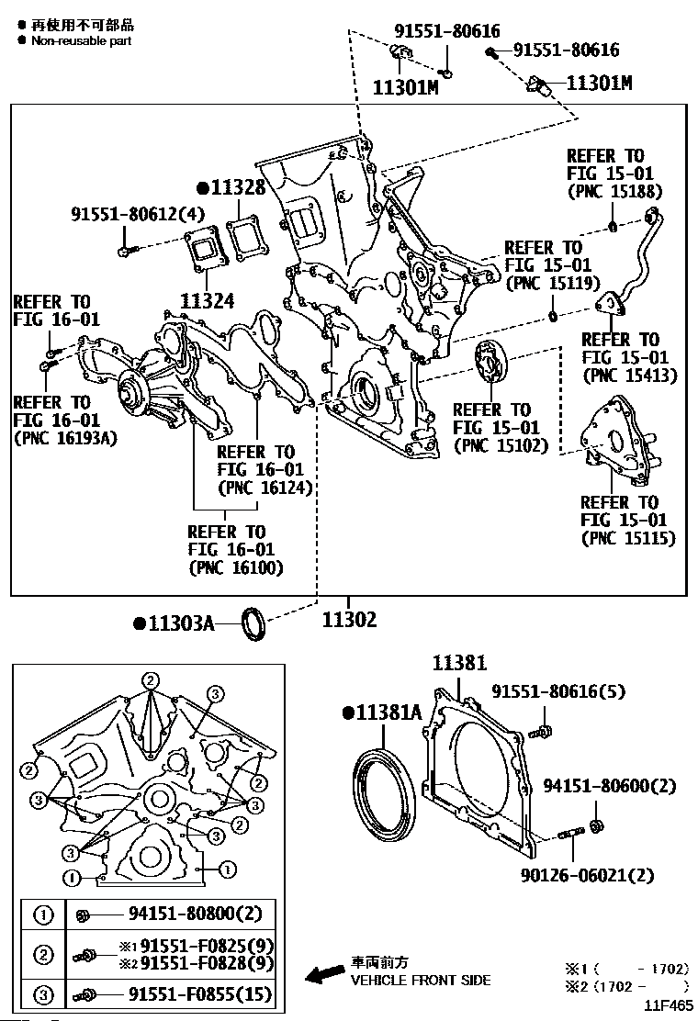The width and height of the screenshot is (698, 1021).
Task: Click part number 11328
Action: coord(237,188)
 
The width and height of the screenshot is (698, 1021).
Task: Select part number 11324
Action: coord(208,299)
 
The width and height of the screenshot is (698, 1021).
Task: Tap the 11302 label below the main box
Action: coord(349,620)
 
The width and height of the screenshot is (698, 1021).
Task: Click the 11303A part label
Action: coord(179,623)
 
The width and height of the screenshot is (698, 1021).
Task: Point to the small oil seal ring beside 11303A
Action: coord(254,623)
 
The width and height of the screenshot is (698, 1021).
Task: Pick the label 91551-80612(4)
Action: coord(138,214)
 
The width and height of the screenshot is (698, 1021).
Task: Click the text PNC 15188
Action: coord(614,192)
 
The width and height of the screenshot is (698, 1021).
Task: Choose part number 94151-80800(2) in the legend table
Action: coord(189,914)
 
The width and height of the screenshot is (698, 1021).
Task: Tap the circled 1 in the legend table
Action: coord(42,914)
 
